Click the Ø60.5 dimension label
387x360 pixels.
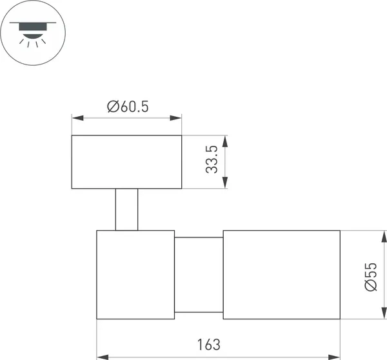tap(128, 106)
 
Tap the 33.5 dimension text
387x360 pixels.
tap(212, 159)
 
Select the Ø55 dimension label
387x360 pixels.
tap(371, 277)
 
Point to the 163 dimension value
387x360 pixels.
tap(208, 345)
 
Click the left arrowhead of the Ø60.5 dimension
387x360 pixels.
tap(77, 118)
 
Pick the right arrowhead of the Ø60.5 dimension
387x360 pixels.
tap(175, 118)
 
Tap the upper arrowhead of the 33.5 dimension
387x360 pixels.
tap(224, 141)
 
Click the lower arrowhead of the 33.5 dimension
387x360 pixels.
tap(224, 183)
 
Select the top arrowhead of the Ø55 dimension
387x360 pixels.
tap(384, 237)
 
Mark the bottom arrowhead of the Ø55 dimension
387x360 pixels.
tap(384, 313)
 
